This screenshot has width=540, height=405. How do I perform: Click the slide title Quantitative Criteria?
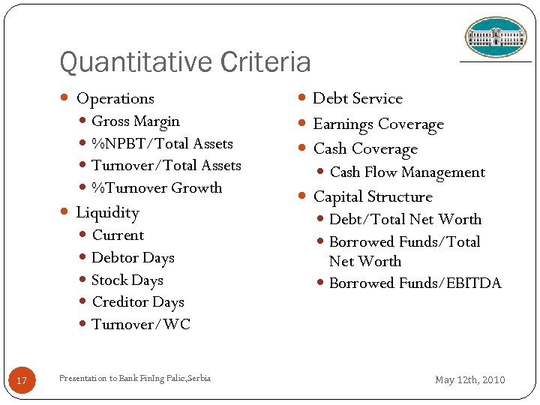(x=184, y=62)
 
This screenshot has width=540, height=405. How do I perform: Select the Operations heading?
(x=115, y=98)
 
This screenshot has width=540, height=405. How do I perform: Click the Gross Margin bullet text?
(x=136, y=121)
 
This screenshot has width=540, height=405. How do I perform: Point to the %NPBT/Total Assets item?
(x=162, y=143)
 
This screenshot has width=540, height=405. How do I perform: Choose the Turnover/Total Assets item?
(x=166, y=166)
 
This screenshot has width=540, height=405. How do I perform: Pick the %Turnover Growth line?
(x=157, y=187)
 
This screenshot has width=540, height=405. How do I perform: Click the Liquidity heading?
(x=107, y=213)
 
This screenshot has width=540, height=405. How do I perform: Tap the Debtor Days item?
(x=133, y=258)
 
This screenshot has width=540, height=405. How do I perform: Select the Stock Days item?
(x=127, y=280)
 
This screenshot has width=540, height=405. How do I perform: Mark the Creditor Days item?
(x=138, y=302)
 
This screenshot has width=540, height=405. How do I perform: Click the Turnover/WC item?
(x=141, y=325)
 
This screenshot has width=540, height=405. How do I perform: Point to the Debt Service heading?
(x=358, y=98)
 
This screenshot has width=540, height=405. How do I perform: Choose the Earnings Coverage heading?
(x=378, y=124)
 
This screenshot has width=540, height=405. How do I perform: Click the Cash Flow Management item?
(x=407, y=172)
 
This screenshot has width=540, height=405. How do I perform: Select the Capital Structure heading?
(x=373, y=197)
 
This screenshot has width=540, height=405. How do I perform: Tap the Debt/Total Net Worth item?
(x=405, y=220)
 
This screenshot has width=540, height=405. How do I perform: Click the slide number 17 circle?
(x=22, y=381)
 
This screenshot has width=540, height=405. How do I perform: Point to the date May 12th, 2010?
(x=470, y=380)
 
